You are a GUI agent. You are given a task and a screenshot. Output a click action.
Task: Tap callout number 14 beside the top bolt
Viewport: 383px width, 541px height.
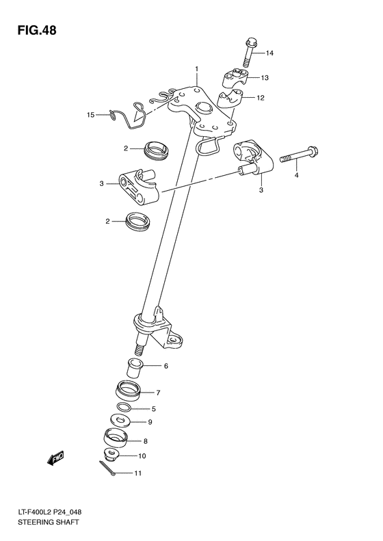pyautogui.click(x=269, y=53)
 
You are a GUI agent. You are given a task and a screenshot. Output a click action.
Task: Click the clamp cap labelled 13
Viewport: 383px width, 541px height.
pyautogui.click(x=235, y=77)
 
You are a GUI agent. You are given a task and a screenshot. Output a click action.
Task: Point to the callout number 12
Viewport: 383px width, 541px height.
pyautogui.click(x=261, y=98)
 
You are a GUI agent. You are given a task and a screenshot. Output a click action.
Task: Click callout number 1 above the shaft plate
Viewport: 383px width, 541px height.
pyautogui.click(x=196, y=69)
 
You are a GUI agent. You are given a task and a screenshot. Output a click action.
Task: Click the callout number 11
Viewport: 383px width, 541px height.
pyautogui.click(x=137, y=473)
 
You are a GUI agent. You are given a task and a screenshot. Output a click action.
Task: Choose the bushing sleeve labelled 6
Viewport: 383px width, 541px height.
pyautogui.click(x=135, y=367)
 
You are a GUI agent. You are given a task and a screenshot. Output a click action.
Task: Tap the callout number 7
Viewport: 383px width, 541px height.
pyautogui.click(x=157, y=393)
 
